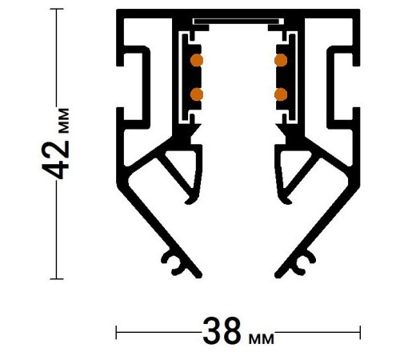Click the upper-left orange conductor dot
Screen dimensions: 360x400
(196, 60)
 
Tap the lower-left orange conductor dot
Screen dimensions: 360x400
(196, 94)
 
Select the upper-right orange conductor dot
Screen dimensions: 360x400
(281, 60)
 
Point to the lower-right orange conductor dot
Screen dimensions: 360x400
(281, 94)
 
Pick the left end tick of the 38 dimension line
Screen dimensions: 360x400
(117, 331)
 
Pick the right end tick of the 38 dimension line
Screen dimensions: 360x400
(361, 331)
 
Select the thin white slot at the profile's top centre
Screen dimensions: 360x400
(238, 18)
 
